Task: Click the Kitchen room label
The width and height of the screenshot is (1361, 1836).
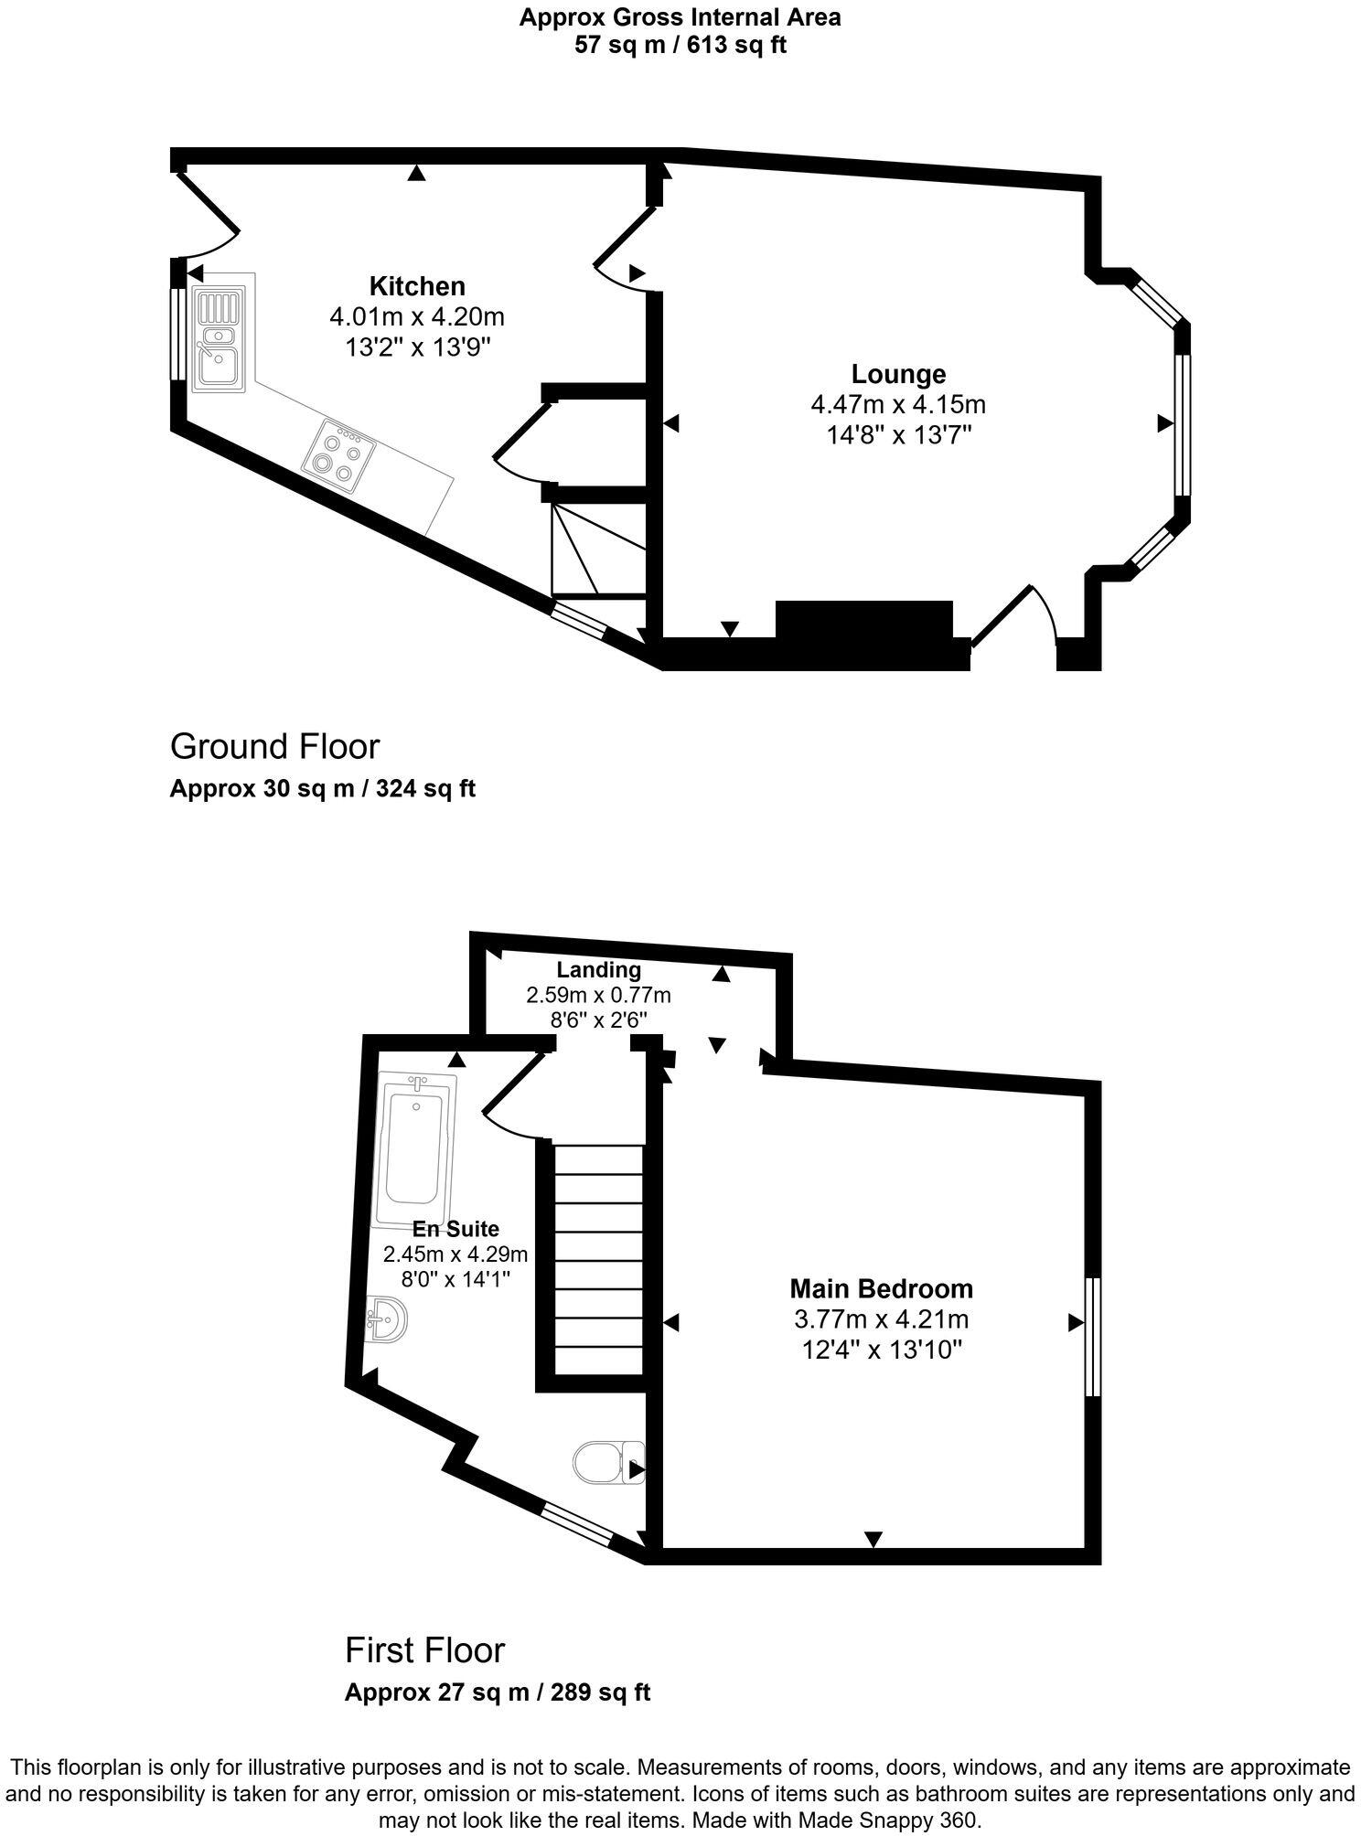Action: pyautogui.click(x=417, y=286)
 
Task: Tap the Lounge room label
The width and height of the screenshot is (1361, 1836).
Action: pyautogui.click(x=898, y=374)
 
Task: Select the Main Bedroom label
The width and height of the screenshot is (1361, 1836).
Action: pyautogui.click(x=881, y=1289)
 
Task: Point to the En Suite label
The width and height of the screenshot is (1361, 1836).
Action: pyautogui.click(x=455, y=1229)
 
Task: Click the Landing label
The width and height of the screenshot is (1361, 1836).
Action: pyautogui.click(x=598, y=969)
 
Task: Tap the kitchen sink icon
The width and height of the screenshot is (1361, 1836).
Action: pyautogui.click(x=219, y=339)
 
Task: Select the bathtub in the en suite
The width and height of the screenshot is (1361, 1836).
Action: pyautogui.click(x=415, y=1149)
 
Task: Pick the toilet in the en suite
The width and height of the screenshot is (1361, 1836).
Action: pyautogui.click(x=607, y=1462)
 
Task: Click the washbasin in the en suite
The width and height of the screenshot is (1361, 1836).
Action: pyautogui.click(x=386, y=1319)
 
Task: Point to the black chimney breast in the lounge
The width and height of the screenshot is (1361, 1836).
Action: pyautogui.click(x=863, y=620)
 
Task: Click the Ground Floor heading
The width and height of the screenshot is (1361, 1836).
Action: pyautogui.click(x=274, y=747)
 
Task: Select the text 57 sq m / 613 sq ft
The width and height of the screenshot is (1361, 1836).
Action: pyautogui.click(x=680, y=45)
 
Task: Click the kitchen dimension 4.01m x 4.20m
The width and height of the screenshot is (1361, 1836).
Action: pyautogui.click(x=417, y=317)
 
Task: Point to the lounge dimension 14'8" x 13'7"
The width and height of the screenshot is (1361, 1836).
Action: pyautogui.click(x=898, y=434)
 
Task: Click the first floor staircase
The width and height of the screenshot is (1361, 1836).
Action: pyautogui.click(x=599, y=1261)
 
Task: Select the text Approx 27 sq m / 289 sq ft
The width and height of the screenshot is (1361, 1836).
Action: pyautogui.click(x=497, y=1692)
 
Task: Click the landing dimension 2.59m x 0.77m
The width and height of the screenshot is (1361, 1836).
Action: pyautogui.click(x=598, y=994)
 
